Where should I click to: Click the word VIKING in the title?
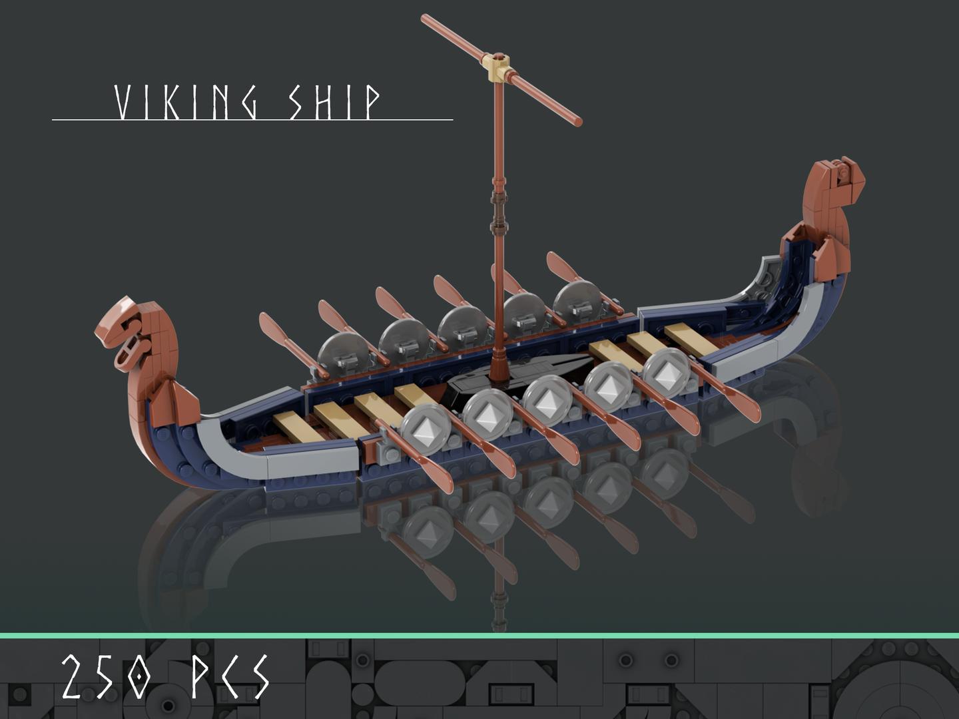(x=186, y=103)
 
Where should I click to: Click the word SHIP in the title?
(x=334, y=103)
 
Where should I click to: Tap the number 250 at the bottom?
(x=107, y=677)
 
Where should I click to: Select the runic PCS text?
(x=230, y=677)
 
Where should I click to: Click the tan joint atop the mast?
(x=499, y=67)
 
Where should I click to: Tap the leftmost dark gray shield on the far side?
(x=341, y=353)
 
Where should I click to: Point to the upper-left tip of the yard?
(x=425, y=18)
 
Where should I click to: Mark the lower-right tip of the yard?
(x=577, y=121)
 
